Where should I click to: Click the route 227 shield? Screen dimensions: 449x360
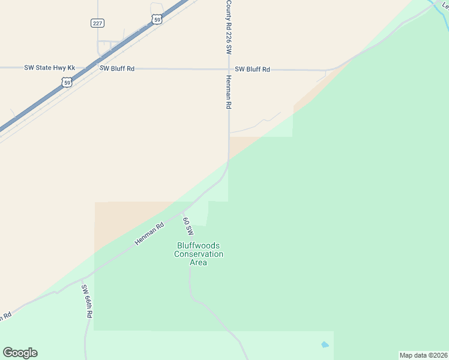pos(98,23)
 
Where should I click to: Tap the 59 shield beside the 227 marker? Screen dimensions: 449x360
pos(157,20)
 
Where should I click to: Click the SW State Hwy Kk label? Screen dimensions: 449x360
pos(50,68)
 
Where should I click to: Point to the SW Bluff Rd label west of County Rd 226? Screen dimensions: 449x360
pos(117,69)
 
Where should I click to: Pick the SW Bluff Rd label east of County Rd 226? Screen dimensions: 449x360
pos(252,70)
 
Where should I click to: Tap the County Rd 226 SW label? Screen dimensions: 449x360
pos(229,28)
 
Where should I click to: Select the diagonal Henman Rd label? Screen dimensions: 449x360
pos(149,233)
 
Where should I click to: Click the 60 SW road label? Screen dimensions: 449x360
pos(188,226)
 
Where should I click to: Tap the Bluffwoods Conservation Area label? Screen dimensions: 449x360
pos(199,254)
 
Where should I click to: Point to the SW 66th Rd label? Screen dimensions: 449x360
pos(88,301)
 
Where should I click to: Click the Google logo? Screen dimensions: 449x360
pos(20,353)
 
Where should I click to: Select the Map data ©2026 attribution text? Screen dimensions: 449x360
pos(424,355)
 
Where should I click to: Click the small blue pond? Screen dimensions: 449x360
pos(325,345)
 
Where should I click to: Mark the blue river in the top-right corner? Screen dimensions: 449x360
pos(439,6)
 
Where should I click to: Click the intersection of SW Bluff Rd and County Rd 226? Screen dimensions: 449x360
pos(229,69)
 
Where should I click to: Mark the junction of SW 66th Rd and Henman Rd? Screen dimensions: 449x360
pos(83,280)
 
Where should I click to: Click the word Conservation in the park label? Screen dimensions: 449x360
pos(199,254)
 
